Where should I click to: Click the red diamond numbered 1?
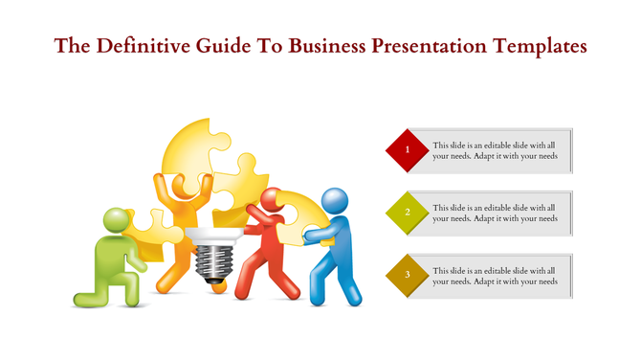pos(408,150)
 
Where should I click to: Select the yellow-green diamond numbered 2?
pos(408,213)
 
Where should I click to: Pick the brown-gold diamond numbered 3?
pos(408,276)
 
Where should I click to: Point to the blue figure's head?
pos(334,201)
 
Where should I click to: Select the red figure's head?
pos(272,200)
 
